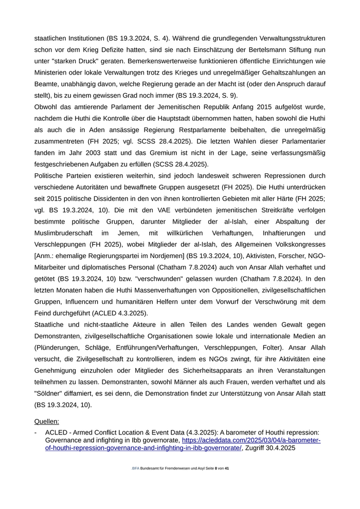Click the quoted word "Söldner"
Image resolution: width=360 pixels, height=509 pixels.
point(51,393)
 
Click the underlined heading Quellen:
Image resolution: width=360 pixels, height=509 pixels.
point(47,422)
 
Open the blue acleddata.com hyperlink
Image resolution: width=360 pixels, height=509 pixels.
point(251,440)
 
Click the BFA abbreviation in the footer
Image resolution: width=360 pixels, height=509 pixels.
point(136,469)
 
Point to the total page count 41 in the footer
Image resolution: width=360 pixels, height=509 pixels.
point(227,469)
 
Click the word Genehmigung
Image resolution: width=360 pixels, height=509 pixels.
point(57,371)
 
